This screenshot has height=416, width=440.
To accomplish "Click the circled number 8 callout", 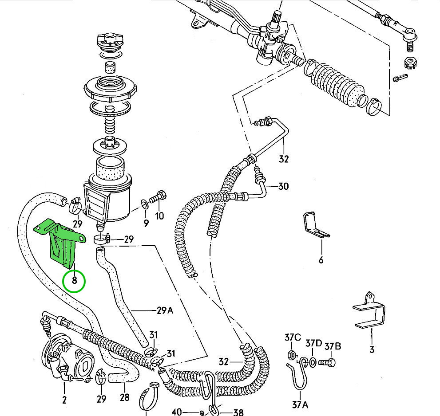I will [74, 280].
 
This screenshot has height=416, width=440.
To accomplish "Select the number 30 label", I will [283, 186].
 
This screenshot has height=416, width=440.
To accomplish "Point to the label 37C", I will [293, 339].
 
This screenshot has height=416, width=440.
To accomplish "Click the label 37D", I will [313, 343].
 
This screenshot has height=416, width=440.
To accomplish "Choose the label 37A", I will [301, 404].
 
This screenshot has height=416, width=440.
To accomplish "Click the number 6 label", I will [321, 260].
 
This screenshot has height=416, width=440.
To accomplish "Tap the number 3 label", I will [372, 349].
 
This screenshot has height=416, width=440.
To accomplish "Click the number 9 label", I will [146, 223].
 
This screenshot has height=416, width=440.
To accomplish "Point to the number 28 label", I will [124, 397].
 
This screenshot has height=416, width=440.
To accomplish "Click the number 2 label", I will [64, 400].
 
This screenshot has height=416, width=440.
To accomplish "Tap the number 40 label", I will [177, 412].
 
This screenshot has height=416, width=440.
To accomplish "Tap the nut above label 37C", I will [292, 355].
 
